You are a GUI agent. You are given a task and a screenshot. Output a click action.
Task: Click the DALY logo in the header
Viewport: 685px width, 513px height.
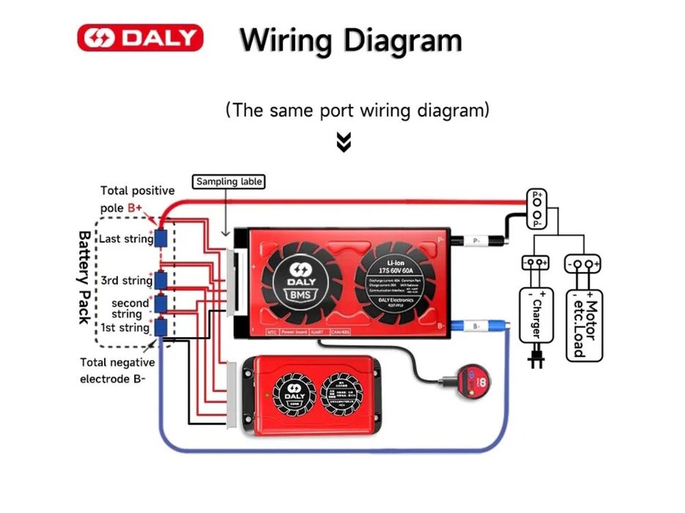[140, 37]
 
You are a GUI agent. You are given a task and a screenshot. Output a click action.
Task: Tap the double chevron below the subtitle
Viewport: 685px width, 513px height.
[344, 142]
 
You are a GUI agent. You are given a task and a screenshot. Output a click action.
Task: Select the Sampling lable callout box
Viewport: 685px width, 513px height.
[229, 181]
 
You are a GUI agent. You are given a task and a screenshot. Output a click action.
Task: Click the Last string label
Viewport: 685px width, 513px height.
[125, 239]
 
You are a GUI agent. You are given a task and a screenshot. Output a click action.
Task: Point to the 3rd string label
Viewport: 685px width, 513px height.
[126, 281]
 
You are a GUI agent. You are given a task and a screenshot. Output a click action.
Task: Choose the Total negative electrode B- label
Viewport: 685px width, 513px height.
[116, 371]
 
